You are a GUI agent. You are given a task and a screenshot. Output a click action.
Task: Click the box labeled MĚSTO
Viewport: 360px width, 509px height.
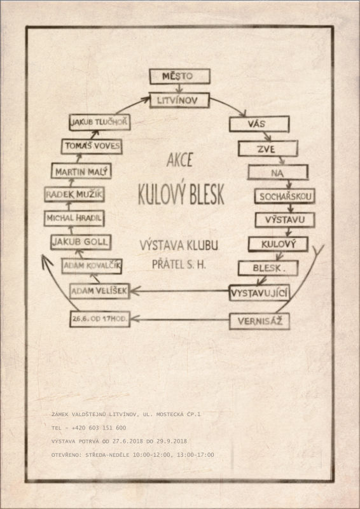tap(179, 76)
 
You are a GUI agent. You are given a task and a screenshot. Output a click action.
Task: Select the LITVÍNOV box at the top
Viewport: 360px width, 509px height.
tap(179, 101)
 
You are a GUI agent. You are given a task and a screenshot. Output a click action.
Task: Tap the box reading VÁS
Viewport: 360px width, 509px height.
tap(259, 124)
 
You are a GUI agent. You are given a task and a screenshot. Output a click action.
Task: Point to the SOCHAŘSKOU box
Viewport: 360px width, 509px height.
tap(284, 197)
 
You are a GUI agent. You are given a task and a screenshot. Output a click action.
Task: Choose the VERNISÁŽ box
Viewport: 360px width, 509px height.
tap(259, 321)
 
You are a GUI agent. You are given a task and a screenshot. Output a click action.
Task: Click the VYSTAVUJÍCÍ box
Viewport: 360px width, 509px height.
tap(259, 293)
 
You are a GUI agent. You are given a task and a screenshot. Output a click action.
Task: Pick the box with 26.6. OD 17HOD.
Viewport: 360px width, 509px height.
tap(100, 319)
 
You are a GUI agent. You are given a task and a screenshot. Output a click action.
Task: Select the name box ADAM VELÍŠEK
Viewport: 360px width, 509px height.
tap(100, 291)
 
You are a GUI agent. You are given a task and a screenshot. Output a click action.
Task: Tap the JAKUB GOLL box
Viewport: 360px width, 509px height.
tap(81, 242)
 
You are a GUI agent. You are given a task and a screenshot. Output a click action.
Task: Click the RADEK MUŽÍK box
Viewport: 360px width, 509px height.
tap(74, 195)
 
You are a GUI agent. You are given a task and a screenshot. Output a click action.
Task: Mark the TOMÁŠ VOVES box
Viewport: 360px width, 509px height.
tap(92, 146)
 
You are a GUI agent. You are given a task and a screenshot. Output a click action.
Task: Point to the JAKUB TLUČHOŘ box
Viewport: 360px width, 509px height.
tap(100, 122)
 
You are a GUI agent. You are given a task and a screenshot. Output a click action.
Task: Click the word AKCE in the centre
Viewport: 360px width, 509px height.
tap(179, 160)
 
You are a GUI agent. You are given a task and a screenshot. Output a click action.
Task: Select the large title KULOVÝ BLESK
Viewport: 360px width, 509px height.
tap(181, 194)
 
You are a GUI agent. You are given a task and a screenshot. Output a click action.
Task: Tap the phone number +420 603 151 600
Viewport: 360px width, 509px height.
tap(99, 428)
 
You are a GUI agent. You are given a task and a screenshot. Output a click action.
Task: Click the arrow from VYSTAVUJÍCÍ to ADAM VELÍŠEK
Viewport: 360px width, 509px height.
tap(179, 291)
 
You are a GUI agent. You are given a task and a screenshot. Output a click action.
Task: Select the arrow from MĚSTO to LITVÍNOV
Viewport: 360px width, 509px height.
tap(179, 88)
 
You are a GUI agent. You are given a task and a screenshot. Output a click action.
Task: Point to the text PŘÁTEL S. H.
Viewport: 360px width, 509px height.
tap(179, 264)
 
